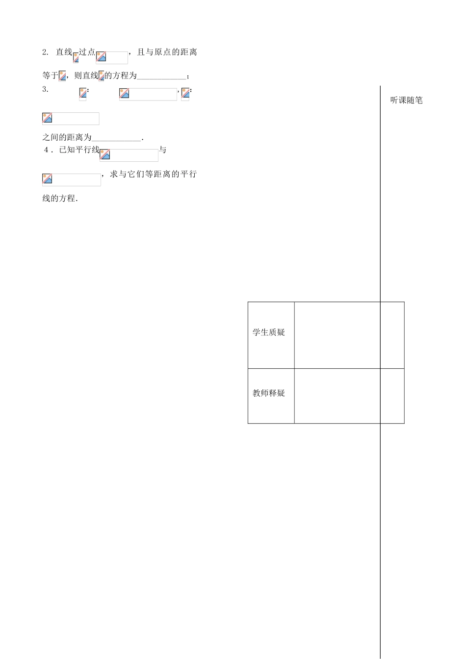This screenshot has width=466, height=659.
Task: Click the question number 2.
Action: [x=45, y=52]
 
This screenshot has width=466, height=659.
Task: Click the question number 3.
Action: [x=45, y=89]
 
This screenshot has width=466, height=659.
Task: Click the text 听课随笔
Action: [x=406, y=100]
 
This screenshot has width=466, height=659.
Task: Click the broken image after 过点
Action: [x=112, y=57]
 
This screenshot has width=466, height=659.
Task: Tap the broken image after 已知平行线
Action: [x=129, y=155]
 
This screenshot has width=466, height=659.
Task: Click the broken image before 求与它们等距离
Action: [x=71, y=179]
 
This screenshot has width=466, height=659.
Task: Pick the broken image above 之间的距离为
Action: [x=71, y=118]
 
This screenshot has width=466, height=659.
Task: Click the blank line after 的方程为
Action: [x=162, y=76]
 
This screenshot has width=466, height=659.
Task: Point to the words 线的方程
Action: [x=59, y=199]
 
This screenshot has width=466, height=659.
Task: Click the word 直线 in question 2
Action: [x=64, y=52]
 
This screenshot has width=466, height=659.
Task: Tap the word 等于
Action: [x=50, y=76]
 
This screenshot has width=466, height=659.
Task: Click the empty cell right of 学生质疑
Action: [x=337, y=335]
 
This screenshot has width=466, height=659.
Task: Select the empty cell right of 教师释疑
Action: [x=337, y=395]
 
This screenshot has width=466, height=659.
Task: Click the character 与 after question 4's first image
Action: [x=162, y=150]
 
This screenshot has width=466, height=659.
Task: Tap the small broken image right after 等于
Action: [x=62, y=76]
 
